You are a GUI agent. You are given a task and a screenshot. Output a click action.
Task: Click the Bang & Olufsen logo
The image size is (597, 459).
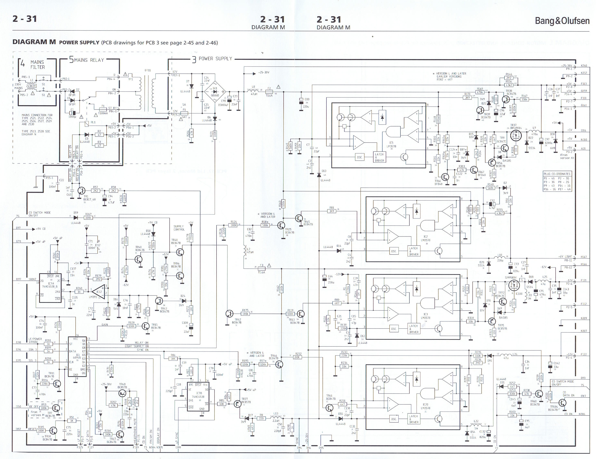tap(562, 21)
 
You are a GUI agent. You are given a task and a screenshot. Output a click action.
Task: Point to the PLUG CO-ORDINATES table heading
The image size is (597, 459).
tap(557, 174)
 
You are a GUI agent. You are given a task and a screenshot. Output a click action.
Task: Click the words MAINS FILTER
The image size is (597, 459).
tap(38, 65)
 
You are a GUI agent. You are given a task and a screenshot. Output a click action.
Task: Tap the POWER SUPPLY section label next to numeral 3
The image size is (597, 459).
tap(215, 59)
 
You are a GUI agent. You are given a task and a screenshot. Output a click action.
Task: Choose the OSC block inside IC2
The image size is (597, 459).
tap(393, 251)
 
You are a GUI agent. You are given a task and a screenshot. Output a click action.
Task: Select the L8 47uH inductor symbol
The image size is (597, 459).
tap(253, 90)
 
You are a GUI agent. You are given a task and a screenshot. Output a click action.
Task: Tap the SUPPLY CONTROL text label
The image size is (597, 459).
tap(179, 228)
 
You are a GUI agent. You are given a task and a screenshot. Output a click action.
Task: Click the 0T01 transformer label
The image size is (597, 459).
tap(148, 71)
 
